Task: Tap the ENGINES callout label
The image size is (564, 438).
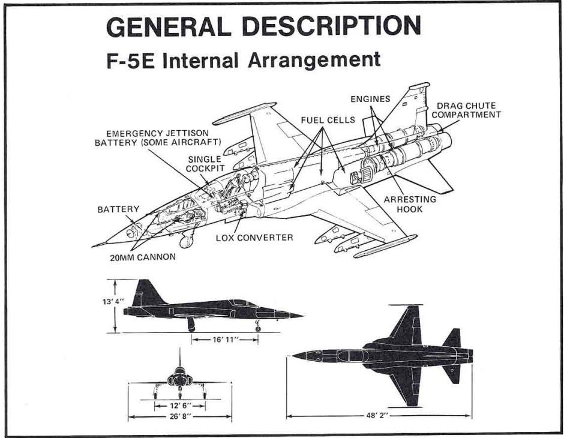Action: pos(370,99)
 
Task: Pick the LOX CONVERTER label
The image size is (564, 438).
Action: pos(254,238)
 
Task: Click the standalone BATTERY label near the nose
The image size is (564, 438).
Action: pos(118,209)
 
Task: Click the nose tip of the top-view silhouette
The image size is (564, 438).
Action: pos(295,355)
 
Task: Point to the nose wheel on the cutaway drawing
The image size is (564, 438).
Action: pos(186,242)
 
